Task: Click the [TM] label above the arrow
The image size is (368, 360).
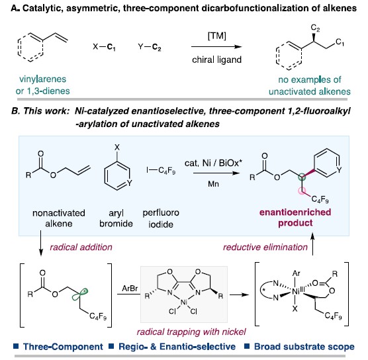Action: [216, 36]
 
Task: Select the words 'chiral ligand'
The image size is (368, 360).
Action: [216, 60]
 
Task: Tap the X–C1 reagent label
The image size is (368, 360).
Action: [104, 47]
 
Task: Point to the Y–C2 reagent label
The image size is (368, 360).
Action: [150, 47]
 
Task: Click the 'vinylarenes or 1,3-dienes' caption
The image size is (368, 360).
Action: [43, 85]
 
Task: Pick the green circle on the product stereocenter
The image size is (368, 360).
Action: [302, 177]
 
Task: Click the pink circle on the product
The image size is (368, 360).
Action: [302, 191]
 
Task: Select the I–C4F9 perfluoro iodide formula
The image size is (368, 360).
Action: [161, 170]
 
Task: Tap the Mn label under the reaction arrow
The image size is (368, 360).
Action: [213, 184]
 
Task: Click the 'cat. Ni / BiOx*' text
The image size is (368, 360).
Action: [213, 163]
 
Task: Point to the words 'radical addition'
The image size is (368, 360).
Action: [81, 247]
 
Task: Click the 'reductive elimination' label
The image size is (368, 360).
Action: [265, 247]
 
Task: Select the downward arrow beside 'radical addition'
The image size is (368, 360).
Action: [41, 243]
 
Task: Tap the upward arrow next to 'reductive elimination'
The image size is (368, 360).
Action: [312, 244]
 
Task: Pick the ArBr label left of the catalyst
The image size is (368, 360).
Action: [130, 288]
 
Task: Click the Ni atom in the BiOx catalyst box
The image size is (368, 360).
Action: [183, 302]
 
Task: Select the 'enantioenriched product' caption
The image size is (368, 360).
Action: [295, 218]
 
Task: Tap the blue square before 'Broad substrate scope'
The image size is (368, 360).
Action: [247, 346]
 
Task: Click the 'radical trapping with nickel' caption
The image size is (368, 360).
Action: [191, 332]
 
